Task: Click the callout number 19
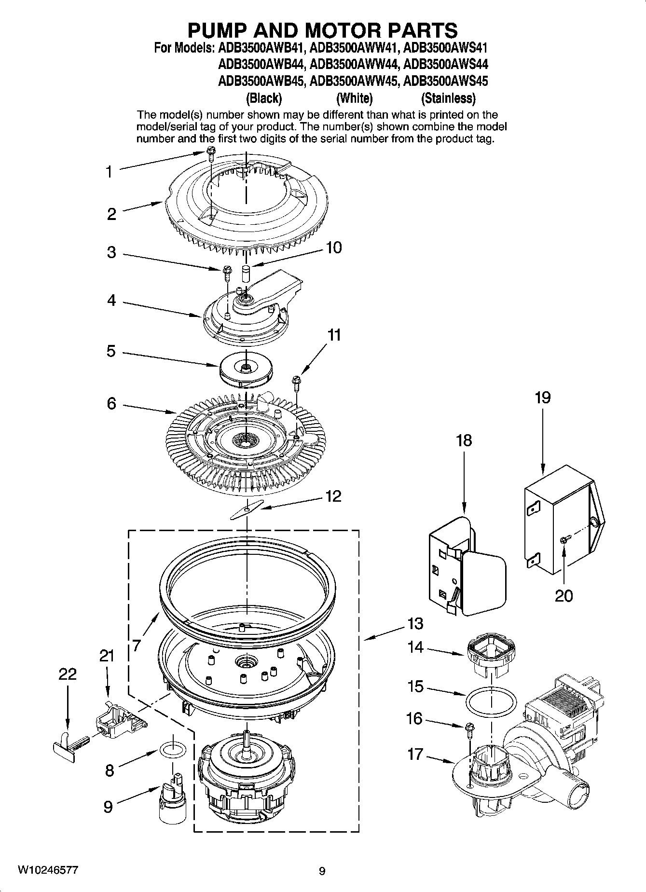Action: pos(542,398)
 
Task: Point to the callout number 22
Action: pos(67,674)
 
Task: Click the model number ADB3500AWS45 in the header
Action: pos(445,81)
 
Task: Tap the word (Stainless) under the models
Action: pos(448,98)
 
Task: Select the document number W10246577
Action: pos(48,870)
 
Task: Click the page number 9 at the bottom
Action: pos(322,871)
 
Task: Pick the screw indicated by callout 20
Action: pos(564,540)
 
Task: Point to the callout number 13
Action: pos(415,624)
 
